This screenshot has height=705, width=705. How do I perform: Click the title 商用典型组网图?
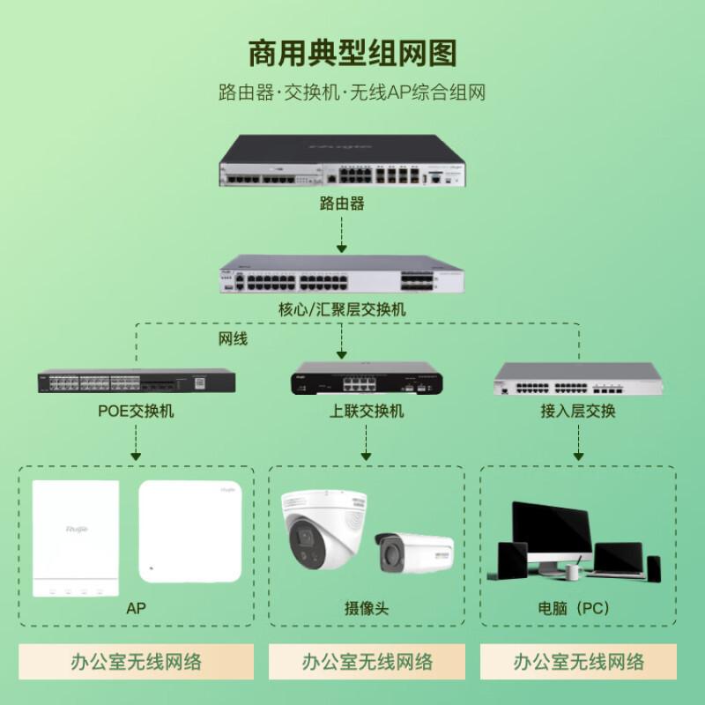[x=352, y=54]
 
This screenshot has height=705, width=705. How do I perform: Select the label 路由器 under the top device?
[x=341, y=204]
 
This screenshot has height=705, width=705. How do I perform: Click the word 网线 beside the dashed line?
[x=234, y=338]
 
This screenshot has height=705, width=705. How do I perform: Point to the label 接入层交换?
[x=578, y=412]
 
